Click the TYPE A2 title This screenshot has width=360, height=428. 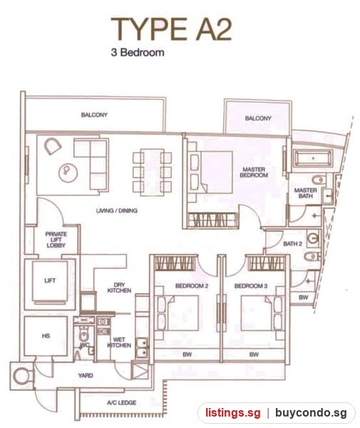click(x=171, y=29)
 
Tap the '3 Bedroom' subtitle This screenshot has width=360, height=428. click(x=138, y=52)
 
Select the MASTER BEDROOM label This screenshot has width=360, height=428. click(x=254, y=172)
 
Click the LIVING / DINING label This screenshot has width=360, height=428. click(x=117, y=210)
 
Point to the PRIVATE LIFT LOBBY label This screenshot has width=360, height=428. click(x=56, y=240)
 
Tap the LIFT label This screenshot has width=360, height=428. click(x=50, y=280)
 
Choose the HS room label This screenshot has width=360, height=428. click(x=46, y=335)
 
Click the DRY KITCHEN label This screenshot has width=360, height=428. click(x=119, y=287)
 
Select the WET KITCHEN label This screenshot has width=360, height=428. click(x=119, y=342)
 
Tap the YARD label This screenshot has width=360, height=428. click(x=86, y=375)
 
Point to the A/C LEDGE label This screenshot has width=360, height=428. click(x=122, y=402)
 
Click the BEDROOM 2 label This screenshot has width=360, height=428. click(x=192, y=286)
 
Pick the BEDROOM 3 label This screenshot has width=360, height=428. click(x=251, y=286)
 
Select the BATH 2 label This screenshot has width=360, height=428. click(x=293, y=243)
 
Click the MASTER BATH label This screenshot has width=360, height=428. click(x=305, y=193)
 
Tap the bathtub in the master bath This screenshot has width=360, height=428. click(x=313, y=158)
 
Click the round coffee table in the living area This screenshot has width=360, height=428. click(x=68, y=172)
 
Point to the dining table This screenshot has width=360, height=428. click(x=152, y=172)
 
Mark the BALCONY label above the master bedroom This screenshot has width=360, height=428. click(x=258, y=118)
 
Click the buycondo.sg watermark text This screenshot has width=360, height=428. click(x=311, y=412)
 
